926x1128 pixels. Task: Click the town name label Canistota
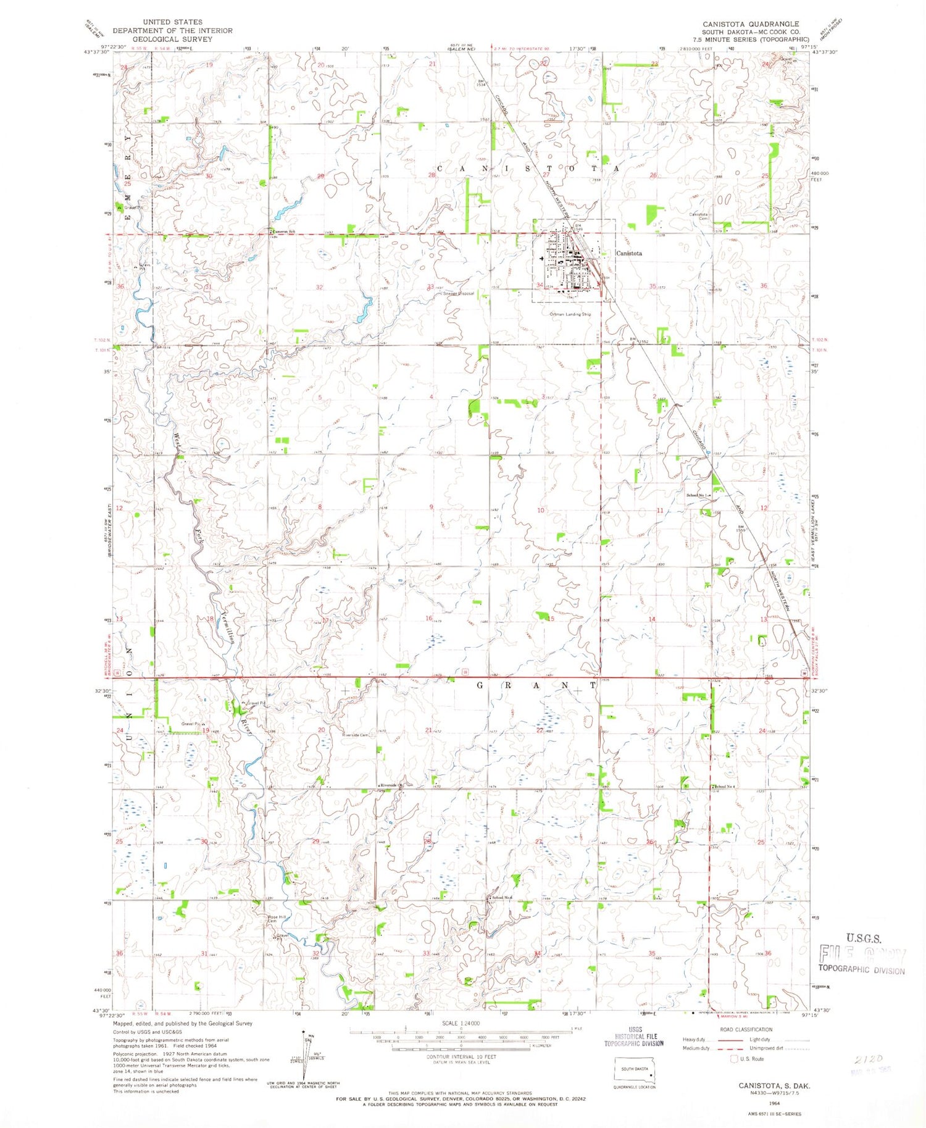pos(629,253)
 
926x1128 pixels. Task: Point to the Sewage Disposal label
pos(458,294)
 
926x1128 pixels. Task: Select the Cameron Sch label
pos(285,232)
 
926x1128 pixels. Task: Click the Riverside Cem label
pos(356,735)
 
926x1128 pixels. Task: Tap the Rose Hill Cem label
pos(276,919)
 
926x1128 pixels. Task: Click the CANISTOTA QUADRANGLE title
pos(750,24)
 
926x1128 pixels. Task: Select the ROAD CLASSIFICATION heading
pos(746,1029)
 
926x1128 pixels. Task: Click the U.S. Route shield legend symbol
pos(734,1059)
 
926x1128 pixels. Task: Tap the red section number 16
pos(428,618)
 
